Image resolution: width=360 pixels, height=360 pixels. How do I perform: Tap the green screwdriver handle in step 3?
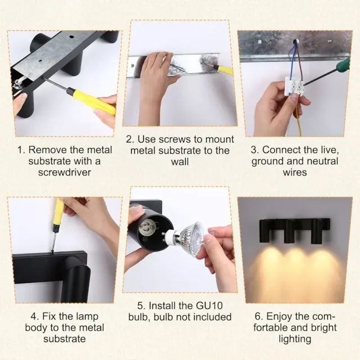[343, 65]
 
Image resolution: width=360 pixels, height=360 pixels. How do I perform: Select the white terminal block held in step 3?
[294, 86]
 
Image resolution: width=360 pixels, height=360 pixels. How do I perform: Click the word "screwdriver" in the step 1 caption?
[65, 172]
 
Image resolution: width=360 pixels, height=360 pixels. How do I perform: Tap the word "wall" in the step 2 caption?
[180, 161]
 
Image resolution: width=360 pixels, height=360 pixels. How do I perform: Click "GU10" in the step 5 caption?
[209, 305]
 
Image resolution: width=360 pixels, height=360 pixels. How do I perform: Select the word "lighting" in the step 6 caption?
[295, 339]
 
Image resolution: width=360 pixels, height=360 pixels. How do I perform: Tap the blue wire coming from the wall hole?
[290, 60]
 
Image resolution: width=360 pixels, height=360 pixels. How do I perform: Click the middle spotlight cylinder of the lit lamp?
[290, 231]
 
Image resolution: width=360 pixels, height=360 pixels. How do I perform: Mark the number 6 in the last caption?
[258, 317]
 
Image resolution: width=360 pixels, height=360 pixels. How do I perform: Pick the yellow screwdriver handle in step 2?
[226, 69]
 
